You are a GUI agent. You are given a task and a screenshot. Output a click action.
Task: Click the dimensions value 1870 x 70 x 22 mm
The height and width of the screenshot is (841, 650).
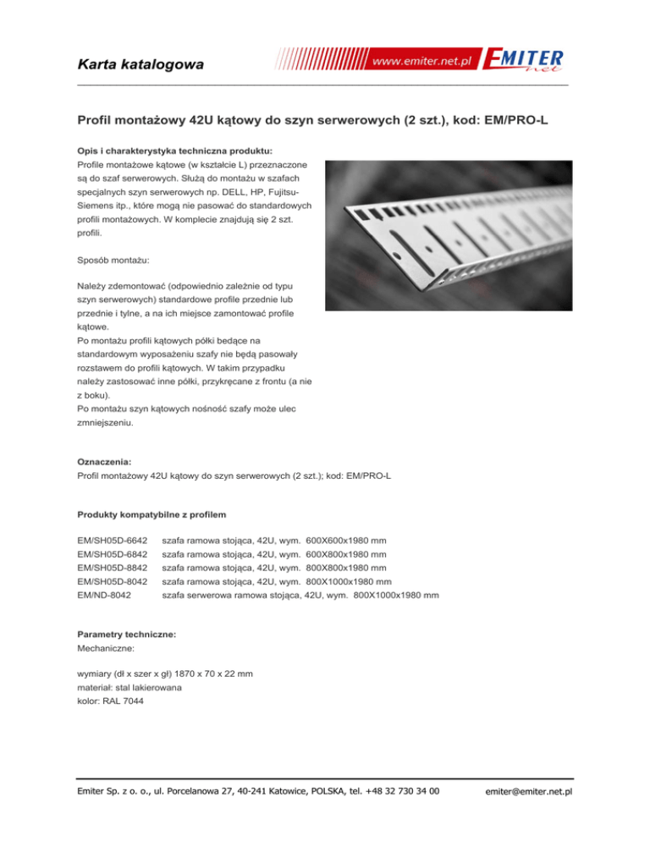click(x=208, y=673)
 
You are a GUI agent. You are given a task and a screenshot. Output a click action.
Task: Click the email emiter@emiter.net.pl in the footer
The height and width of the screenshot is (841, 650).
click(x=532, y=792)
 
